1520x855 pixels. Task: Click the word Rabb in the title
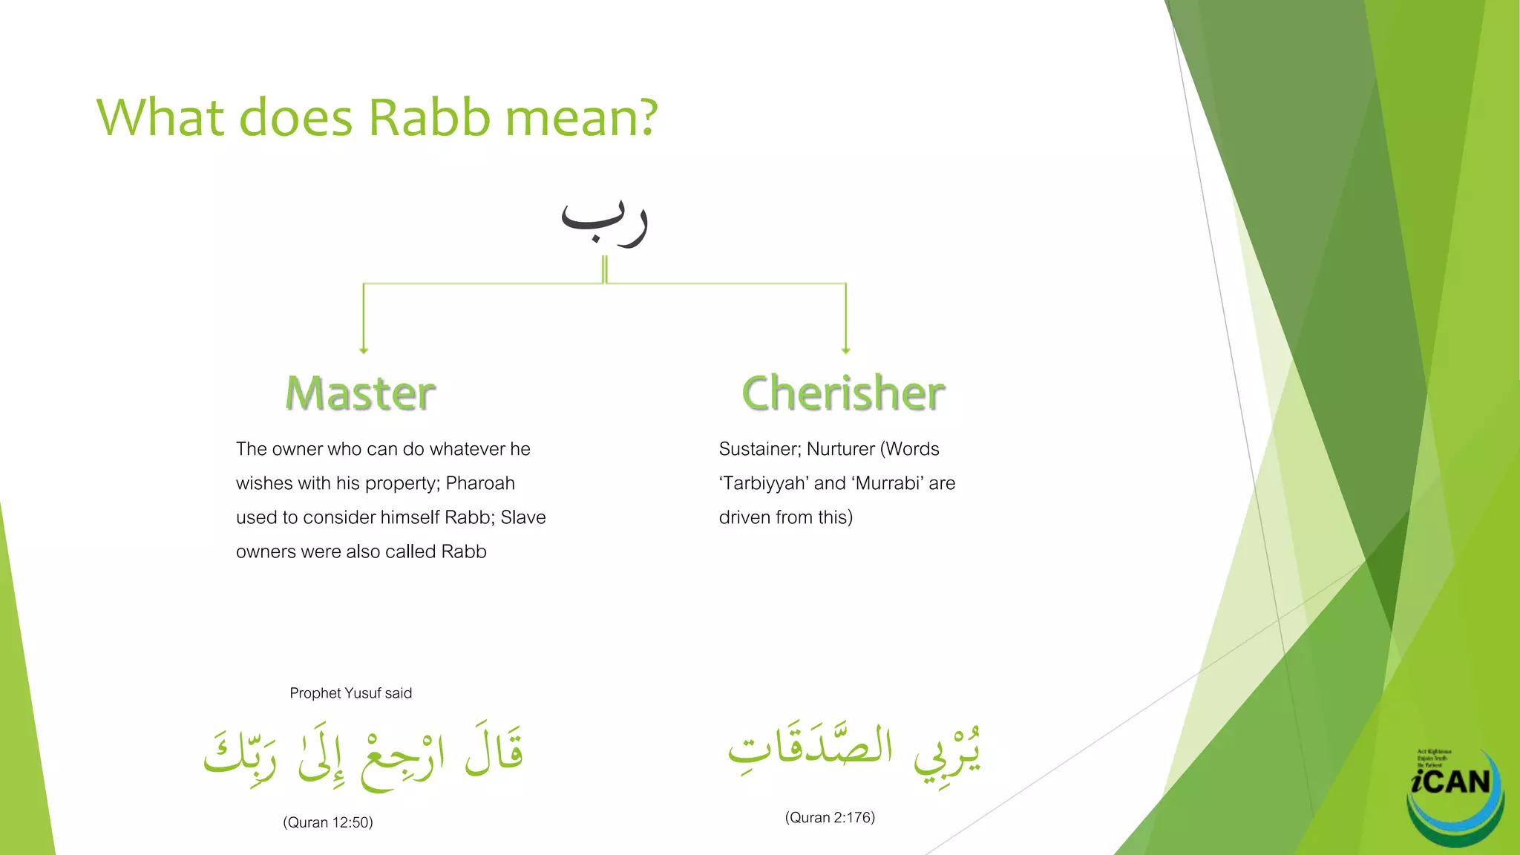click(429, 117)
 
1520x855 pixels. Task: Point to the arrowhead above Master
click(364, 350)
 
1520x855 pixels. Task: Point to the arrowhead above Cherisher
click(845, 350)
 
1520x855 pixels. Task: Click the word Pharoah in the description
click(480, 483)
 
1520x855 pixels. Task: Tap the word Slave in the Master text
click(523, 517)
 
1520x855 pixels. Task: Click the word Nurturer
click(841, 449)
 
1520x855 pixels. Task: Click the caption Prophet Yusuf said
click(350, 693)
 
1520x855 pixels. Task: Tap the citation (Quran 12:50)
click(327, 822)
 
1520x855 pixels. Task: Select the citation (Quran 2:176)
click(830, 817)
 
